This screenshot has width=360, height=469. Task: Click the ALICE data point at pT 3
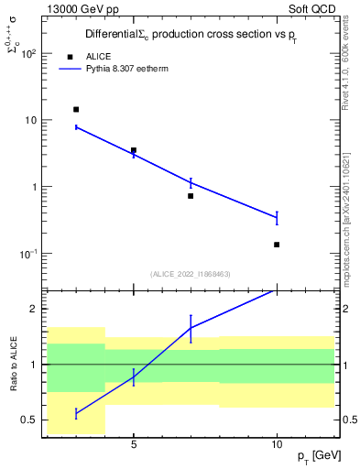(x=76, y=109)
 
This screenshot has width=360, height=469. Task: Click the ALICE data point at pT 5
(x=134, y=150)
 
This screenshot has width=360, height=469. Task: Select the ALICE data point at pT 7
(x=191, y=196)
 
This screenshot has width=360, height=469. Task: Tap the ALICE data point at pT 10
(x=277, y=245)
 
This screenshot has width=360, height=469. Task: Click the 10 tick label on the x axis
(x=277, y=444)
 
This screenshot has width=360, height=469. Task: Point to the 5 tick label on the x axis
(x=134, y=444)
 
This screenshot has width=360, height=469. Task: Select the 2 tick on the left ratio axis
(x=35, y=309)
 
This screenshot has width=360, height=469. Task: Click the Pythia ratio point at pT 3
(x=76, y=413)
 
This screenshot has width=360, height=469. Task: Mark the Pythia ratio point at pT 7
(x=191, y=328)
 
